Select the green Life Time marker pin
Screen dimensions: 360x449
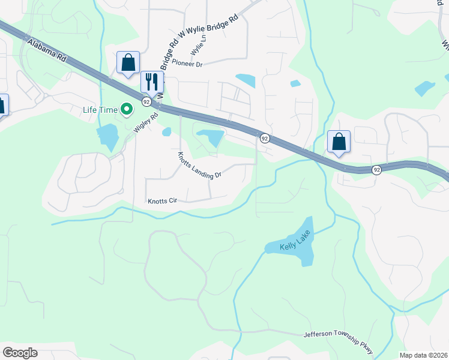click(x=126, y=109)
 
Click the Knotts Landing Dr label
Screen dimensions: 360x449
click(x=199, y=165)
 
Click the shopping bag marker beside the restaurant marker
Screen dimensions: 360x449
click(x=128, y=62)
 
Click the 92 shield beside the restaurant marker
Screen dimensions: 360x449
click(x=146, y=102)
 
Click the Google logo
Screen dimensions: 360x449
click(x=20, y=353)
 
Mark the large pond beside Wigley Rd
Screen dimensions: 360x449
click(x=107, y=136)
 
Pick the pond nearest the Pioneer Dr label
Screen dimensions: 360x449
click(x=246, y=80)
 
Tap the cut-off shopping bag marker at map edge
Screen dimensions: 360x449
click(x=2, y=105)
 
